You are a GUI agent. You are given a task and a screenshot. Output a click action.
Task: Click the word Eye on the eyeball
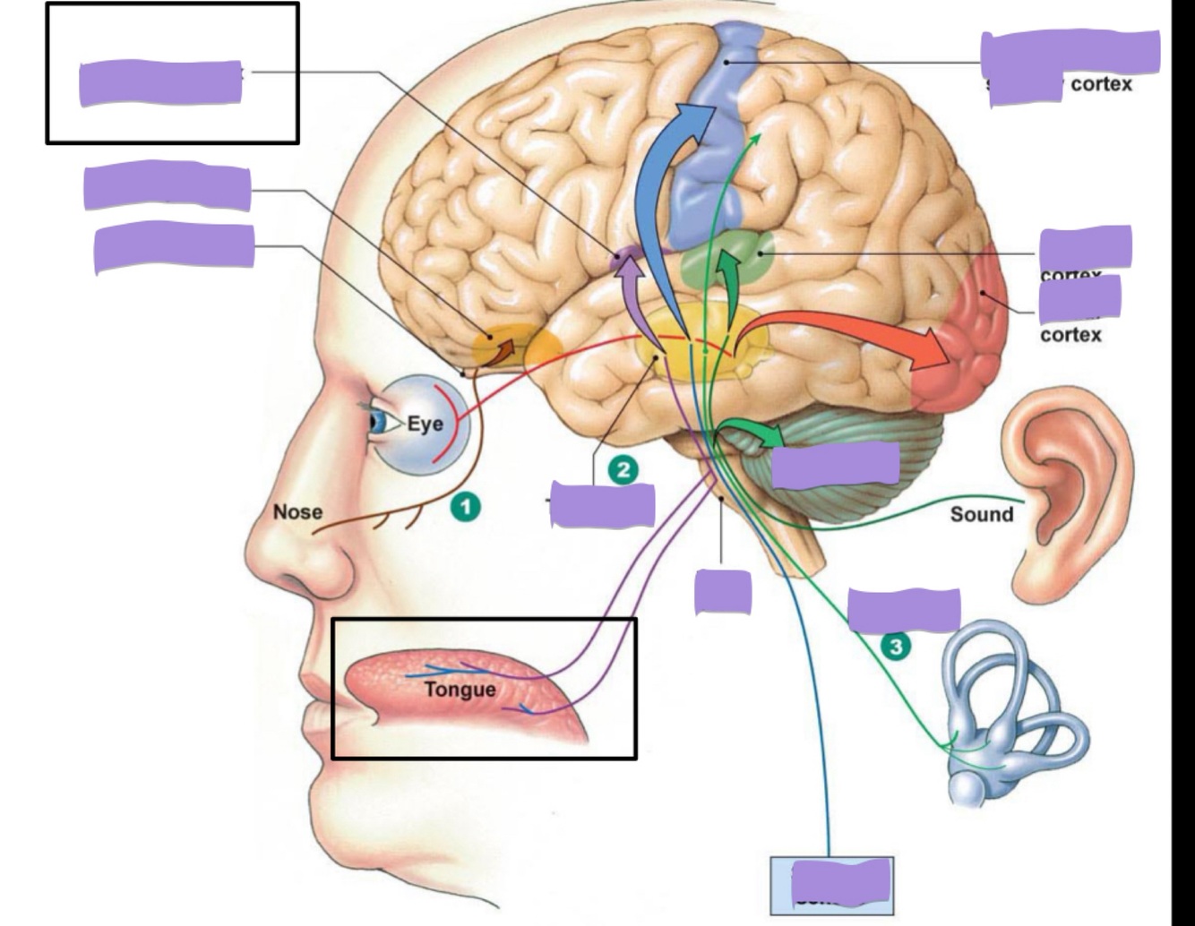(x=425, y=424)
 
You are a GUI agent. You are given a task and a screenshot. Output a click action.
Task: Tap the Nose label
(x=297, y=512)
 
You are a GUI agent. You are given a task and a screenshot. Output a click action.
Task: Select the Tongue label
(x=460, y=690)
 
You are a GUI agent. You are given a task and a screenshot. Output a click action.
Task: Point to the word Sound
(x=981, y=514)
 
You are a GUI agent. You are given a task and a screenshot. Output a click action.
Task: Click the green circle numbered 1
(x=465, y=508)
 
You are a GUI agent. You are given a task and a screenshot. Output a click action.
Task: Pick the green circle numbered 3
(x=895, y=646)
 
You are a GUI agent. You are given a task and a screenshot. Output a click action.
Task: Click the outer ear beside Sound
(x=1066, y=484)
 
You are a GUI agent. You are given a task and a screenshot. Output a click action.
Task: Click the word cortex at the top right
(x=1101, y=84)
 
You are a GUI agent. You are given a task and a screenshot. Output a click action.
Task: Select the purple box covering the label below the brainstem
(x=723, y=592)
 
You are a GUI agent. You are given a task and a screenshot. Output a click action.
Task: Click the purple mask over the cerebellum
(x=835, y=464)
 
